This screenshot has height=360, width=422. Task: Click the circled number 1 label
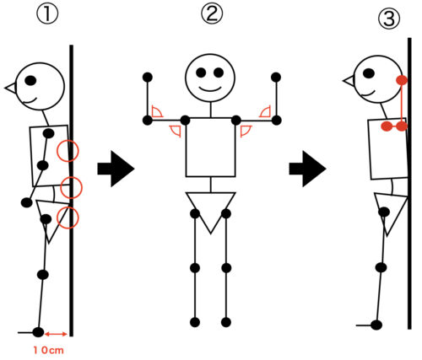click(47, 14)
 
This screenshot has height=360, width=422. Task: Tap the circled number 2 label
click(212, 13)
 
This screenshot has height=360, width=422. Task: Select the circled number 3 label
click(389, 19)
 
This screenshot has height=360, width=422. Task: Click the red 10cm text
click(49, 350)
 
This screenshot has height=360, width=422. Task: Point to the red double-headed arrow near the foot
click(56, 334)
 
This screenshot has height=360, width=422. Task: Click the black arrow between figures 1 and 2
click(116, 169)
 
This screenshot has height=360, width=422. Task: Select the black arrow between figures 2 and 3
click(307, 169)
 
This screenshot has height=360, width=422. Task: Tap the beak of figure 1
click(11, 89)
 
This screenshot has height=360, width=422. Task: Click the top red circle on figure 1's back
click(68, 151)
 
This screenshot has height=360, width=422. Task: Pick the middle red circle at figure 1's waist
click(71, 187)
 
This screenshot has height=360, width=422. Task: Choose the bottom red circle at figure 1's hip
click(68, 218)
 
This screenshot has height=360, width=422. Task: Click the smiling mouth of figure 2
click(210, 89)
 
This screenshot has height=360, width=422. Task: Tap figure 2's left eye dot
click(202, 73)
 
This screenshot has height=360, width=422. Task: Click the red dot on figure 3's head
click(402, 80)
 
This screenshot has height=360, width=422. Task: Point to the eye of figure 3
click(369, 73)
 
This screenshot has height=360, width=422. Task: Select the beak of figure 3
click(349, 81)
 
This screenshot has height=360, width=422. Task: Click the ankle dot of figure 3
click(376, 325)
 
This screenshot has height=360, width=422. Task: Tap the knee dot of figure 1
click(43, 274)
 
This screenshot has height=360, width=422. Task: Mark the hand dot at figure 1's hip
click(27, 202)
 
